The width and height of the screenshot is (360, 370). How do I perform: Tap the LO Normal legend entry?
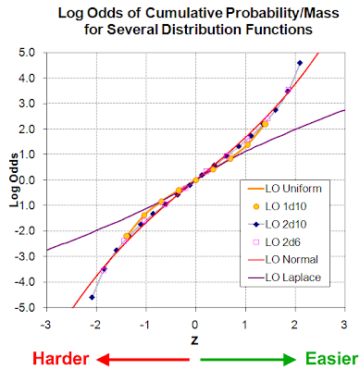(291, 260)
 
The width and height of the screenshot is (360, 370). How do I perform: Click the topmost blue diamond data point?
(299, 63)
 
